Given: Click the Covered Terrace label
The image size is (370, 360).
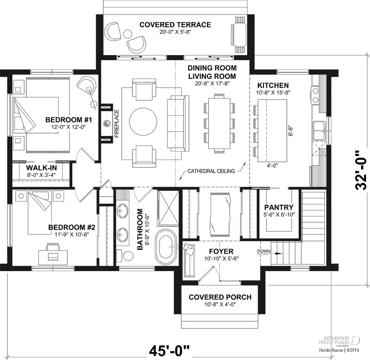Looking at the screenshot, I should coord(175,25).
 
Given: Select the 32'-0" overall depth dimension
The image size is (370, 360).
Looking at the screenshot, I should coord(361,170).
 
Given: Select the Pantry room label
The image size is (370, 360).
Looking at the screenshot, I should coord(279,207).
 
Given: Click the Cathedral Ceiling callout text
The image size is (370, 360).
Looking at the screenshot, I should coord(211,171).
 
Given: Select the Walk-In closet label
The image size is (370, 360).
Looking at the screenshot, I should coord(42,168).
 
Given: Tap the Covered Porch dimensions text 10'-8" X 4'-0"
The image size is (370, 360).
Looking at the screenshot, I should coord(220,304).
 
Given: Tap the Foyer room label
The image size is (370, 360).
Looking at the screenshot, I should coord(221,251).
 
